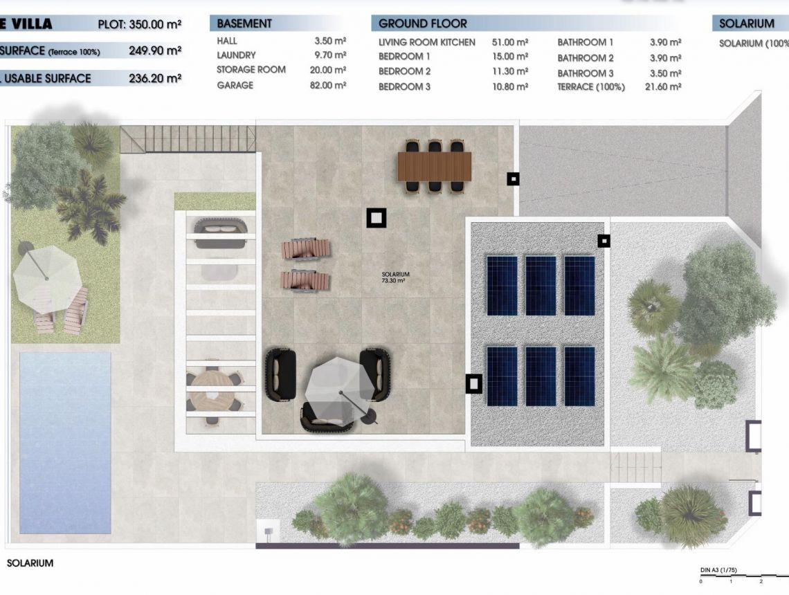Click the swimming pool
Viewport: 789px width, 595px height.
(x=65, y=443)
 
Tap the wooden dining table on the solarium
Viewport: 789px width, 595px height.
(x=434, y=166)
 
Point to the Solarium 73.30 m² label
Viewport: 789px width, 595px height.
(x=395, y=278)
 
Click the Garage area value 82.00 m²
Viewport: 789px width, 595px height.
(x=330, y=85)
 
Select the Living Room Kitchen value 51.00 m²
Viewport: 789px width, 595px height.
(x=510, y=42)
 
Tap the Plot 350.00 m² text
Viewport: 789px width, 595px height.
(x=140, y=24)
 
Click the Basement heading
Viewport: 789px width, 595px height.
(x=244, y=24)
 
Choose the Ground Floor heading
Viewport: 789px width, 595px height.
(x=422, y=24)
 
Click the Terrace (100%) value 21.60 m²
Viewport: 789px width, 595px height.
(x=663, y=86)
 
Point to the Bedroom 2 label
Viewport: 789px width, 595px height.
(x=404, y=71)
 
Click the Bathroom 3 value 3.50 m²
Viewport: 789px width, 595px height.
(x=665, y=73)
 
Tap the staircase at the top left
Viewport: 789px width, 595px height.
(x=188, y=138)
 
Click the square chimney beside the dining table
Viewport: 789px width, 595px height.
(x=513, y=178)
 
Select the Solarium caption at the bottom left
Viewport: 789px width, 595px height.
(x=30, y=563)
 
